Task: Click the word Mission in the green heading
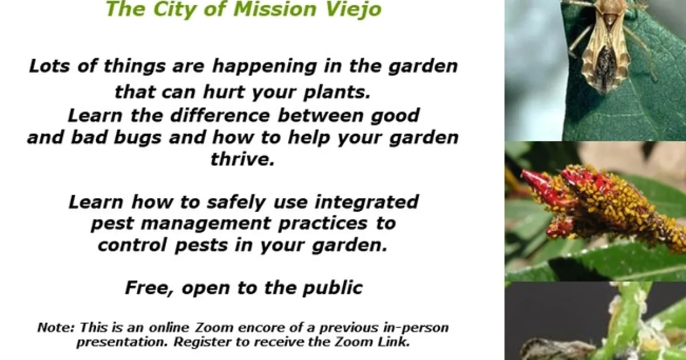point(274,9)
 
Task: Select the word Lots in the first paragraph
point(49,66)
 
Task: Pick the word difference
point(220,115)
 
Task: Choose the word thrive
point(242,159)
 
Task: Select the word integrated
point(366,203)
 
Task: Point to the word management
point(206,224)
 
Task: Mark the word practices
point(322,223)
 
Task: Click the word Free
point(150,289)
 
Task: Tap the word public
point(333,289)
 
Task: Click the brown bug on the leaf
point(605,46)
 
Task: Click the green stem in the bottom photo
point(625,321)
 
